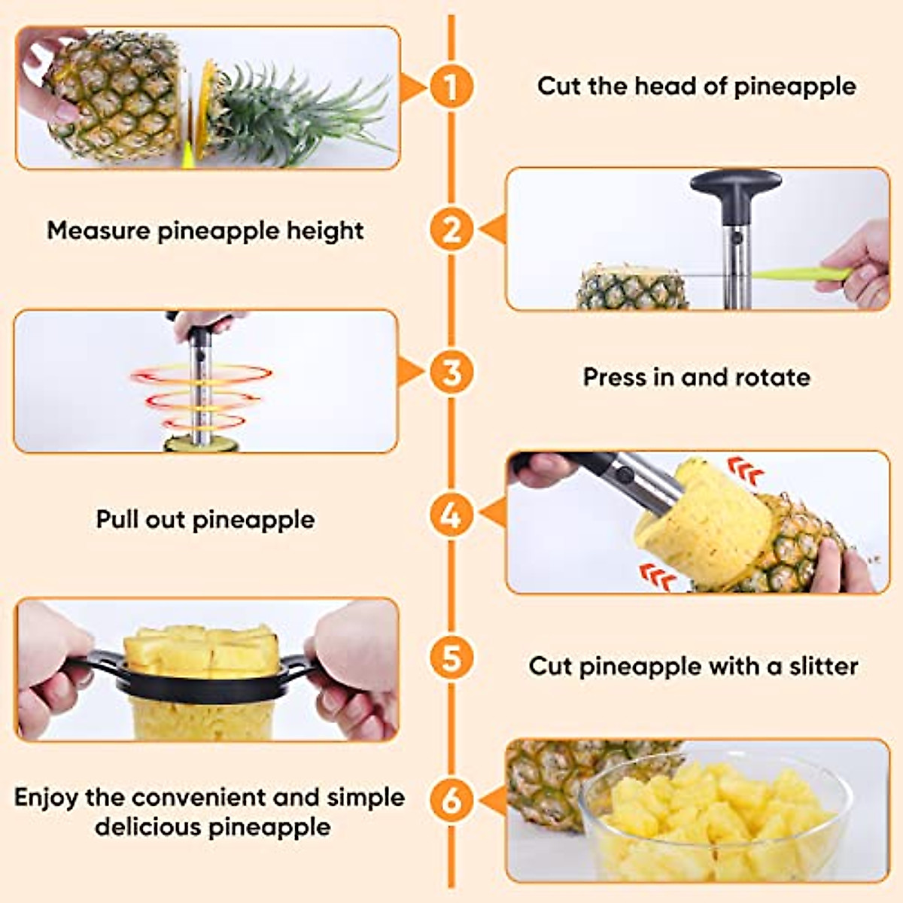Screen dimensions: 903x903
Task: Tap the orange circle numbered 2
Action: pyautogui.click(x=451, y=230)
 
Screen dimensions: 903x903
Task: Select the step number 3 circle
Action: pyautogui.click(x=451, y=372)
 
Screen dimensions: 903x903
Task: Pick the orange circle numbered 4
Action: pyautogui.click(x=451, y=515)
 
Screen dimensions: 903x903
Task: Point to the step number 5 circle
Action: pyautogui.click(x=451, y=659)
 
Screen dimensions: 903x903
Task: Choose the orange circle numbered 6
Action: pyautogui.click(x=451, y=800)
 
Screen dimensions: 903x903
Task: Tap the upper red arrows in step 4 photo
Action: pyautogui.click(x=746, y=473)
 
